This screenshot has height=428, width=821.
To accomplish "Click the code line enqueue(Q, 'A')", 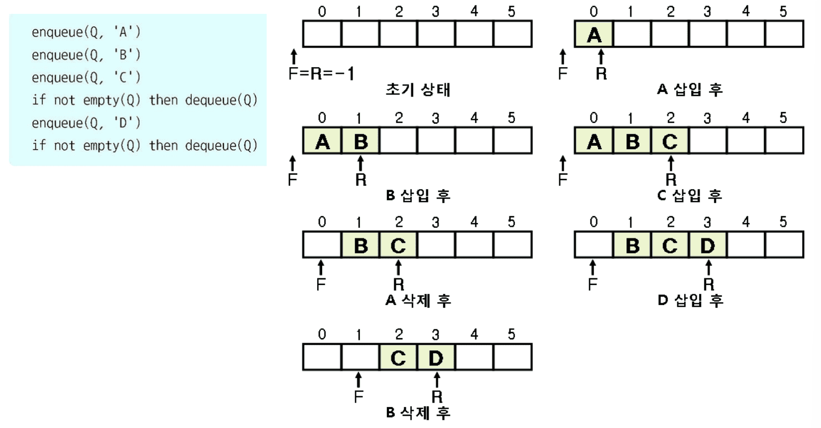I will click(x=86, y=33).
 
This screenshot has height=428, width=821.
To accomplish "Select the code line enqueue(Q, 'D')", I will click(x=86, y=123).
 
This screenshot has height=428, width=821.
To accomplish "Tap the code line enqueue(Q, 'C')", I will click(x=86, y=78).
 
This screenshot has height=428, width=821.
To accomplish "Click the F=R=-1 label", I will click(x=321, y=74).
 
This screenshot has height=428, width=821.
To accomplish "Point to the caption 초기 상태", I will click(x=417, y=90).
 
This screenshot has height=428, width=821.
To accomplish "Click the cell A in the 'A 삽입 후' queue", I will click(x=594, y=35).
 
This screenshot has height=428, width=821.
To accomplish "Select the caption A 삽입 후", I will click(x=689, y=90).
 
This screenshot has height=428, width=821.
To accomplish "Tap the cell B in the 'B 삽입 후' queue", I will click(x=360, y=142).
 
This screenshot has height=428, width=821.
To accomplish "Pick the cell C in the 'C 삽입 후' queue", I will click(x=670, y=142).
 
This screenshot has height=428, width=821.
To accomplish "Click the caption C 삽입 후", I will click(x=689, y=195).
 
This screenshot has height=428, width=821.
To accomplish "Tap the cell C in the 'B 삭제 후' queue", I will click(x=398, y=358).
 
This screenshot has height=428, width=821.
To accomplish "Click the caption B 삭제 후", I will click(x=417, y=413).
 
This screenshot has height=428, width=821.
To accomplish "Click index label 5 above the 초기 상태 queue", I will click(x=511, y=12).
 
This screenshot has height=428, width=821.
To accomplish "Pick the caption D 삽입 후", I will click(x=689, y=300).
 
